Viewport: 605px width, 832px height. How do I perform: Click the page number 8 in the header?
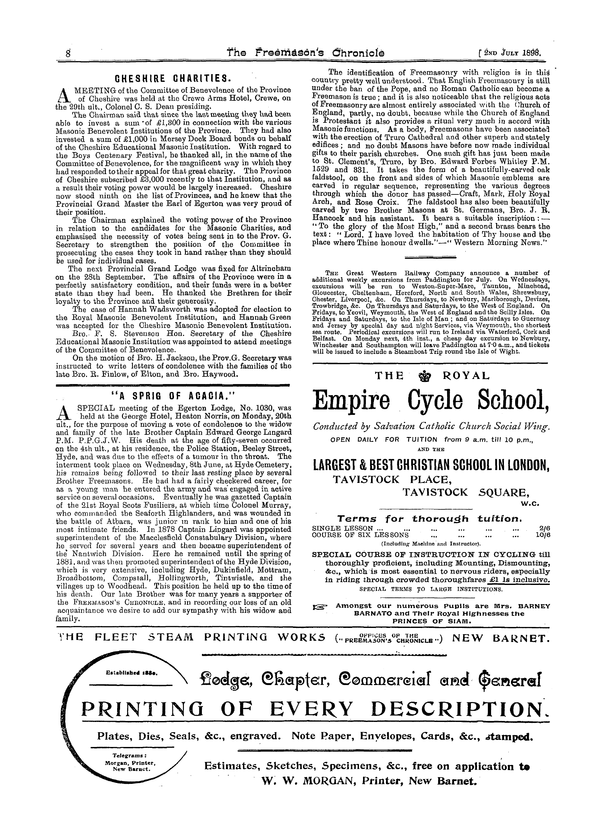tap(68, 54)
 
